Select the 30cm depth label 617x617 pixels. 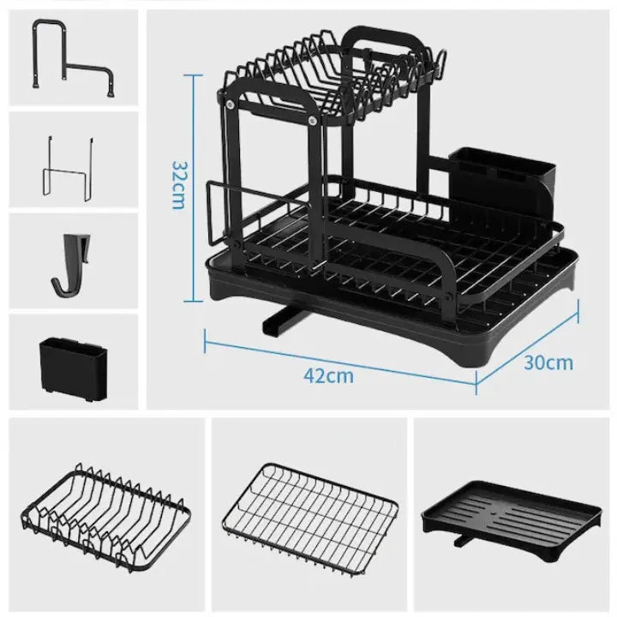tap(548, 362)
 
